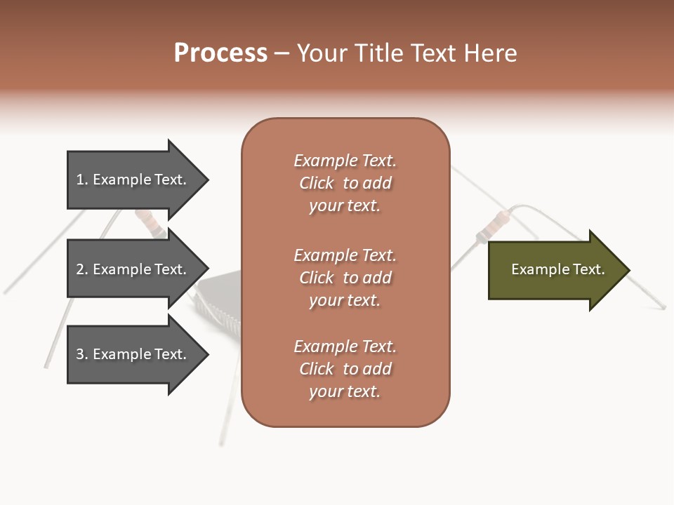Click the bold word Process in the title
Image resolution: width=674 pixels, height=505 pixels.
(220, 53)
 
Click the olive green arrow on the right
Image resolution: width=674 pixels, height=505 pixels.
(555, 270)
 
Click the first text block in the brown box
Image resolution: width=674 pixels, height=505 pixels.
(345, 183)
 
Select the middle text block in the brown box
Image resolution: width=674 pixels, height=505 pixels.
(345, 278)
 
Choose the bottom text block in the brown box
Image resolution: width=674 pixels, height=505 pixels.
(345, 369)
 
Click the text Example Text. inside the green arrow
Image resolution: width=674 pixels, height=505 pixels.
(557, 269)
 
